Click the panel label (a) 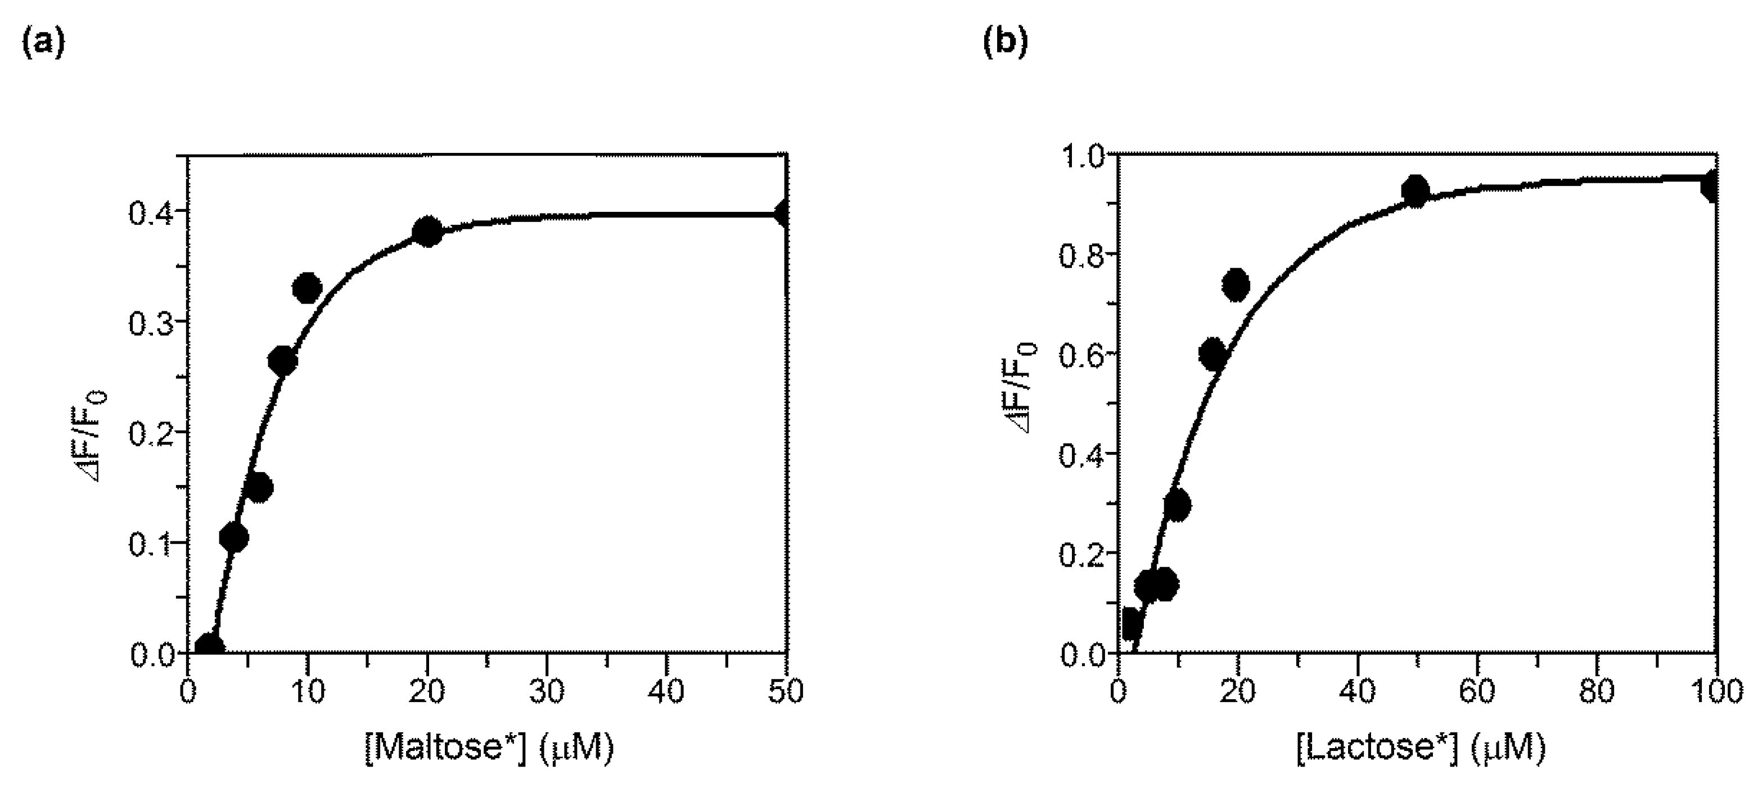coord(44,44)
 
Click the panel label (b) coord(1004,44)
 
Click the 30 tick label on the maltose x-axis coord(547,692)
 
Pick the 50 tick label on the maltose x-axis coord(786,692)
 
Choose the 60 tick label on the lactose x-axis coord(1477,692)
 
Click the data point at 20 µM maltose coord(427,232)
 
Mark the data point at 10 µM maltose coord(307,288)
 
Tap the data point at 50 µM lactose coord(1416,192)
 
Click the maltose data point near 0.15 coord(259,488)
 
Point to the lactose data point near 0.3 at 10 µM coord(1177,505)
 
